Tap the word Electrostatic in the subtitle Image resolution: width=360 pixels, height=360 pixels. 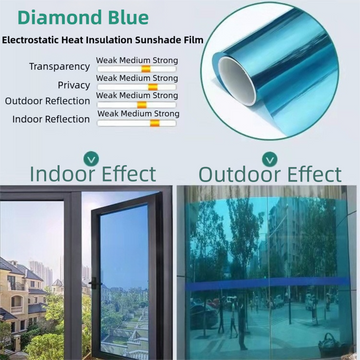click(37, 42)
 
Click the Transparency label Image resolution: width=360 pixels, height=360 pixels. click(51, 67)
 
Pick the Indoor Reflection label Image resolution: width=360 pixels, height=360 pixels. click(50, 118)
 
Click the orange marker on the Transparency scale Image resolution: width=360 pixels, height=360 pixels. click(145, 68)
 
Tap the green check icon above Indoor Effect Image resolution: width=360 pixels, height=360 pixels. click(91, 156)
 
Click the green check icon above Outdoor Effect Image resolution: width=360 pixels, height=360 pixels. click(270, 156)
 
